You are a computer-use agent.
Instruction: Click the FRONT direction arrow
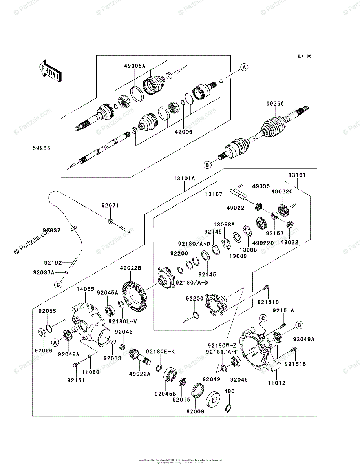coord(49,70)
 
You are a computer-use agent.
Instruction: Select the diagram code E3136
coord(304,57)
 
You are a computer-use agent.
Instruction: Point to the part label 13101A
coord(184,178)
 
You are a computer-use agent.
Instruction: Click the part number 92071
coord(110,205)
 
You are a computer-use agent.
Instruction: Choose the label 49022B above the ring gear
coord(130,268)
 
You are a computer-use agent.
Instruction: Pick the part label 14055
coord(85,289)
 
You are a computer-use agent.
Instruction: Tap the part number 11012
coord(277,383)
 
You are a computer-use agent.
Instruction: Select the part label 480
coord(229,391)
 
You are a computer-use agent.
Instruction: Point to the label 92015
coord(181,400)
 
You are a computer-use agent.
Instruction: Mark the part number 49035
coord(261,186)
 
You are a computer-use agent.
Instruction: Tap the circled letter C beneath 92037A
coord(58,284)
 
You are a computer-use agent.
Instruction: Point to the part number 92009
coord(195,412)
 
